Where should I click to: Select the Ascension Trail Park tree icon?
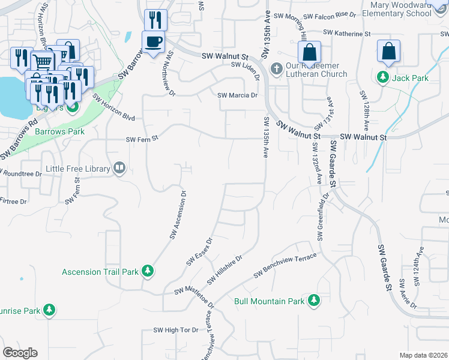(x=147, y=272)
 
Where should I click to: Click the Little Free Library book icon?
(x=119, y=169)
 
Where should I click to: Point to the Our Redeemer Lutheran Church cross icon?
(x=277, y=69)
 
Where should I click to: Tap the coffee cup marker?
(x=153, y=41)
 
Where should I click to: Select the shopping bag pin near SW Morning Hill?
(x=309, y=52)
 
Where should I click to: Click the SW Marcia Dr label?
(x=237, y=95)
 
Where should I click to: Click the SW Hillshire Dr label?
(x=224, y=271)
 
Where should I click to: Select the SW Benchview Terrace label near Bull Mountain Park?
(x=285, y=265)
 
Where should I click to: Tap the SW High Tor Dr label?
(x=176, y=330)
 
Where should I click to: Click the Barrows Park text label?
(x=59, y=131)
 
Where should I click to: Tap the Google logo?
(x=20, y=353)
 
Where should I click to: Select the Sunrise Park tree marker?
(x=49, y=310)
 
